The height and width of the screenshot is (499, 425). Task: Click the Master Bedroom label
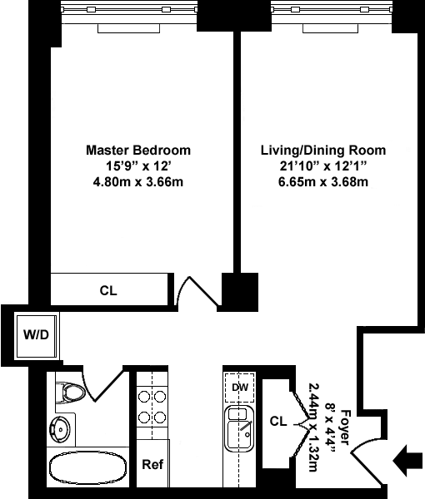pyautogui.click(x=138, y=150)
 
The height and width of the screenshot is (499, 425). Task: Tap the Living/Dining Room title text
pyautogui.click(x=323, y=150)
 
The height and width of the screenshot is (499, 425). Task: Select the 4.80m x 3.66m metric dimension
pyautogui.click(x=138, y=182)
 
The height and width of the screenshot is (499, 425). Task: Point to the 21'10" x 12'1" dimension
pyautogui.click(x=323, y=166)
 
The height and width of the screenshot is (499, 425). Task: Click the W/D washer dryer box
pyautogui.click(x=37, y=336)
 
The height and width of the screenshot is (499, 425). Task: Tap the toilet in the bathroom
pyautogui.click(x=71, y=391)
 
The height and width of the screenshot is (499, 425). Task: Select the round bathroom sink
pyautogui.click(x=59, y=429)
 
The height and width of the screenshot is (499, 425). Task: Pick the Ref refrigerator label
pyautogui.click(x=152, y=464)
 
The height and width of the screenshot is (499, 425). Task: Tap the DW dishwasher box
pyautogui.click(x=240, y=388)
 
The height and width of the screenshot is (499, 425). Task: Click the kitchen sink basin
pyautogui.click(x=239, y=429)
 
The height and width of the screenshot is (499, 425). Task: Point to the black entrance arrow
pyautogui.click(x=407, y=461)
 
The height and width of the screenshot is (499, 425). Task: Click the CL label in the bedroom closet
pyautogui.click(x=108, y=290)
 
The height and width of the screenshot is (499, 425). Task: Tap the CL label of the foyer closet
pyautogui.click(x=278, y=421)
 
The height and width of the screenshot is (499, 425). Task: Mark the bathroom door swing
pyautogui.click(x=102, y=384)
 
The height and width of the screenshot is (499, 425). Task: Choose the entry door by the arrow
pyautogui.click(x=367, y=462)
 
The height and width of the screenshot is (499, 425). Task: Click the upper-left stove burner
pyautogui.click(x=144, y=397)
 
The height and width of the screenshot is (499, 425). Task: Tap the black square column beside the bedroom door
pyautogui.click(x=240, y=292)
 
